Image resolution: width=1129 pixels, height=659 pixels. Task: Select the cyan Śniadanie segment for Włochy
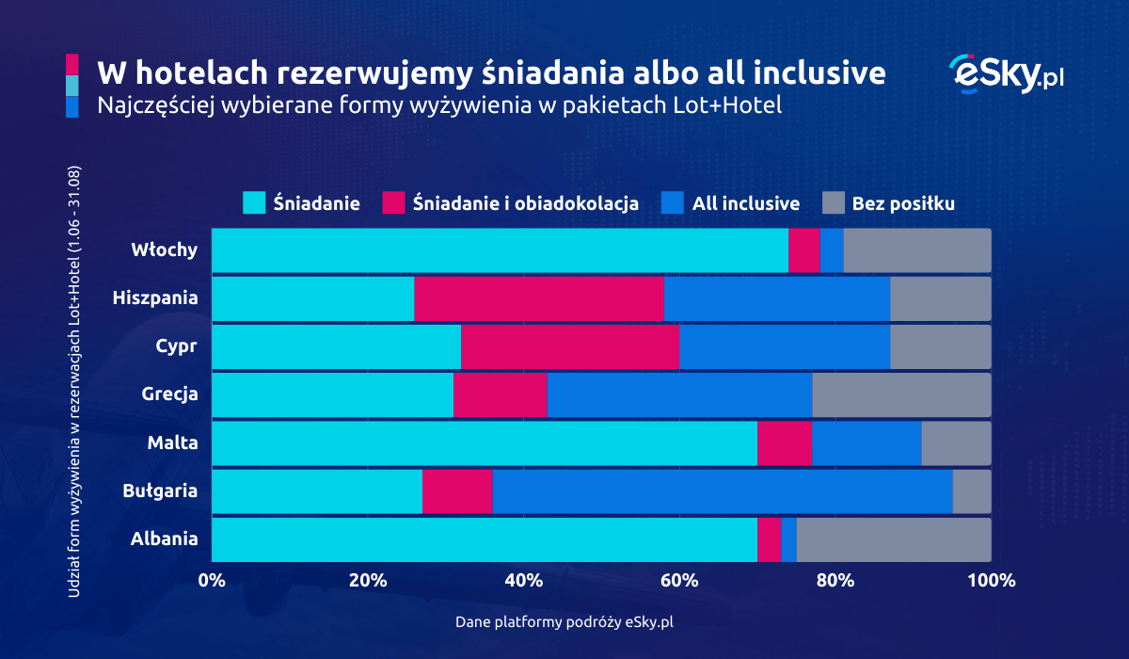pos(500,250)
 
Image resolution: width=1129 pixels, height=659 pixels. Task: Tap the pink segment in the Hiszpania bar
pos(539,298)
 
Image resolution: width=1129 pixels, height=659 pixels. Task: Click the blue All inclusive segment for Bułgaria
pos(723,491)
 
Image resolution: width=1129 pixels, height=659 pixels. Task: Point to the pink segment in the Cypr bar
pos(570,346)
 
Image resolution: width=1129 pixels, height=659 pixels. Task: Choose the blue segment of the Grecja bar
pos(679,394)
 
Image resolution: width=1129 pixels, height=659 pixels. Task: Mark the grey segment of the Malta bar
pos(956,443)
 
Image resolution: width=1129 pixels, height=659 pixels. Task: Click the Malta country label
pos(174,442)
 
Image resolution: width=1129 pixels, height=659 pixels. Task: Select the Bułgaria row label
pos(161,490)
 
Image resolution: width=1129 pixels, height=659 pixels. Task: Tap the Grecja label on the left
pos(169,394)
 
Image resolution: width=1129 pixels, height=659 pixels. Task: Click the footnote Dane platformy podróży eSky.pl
pos(564,622)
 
